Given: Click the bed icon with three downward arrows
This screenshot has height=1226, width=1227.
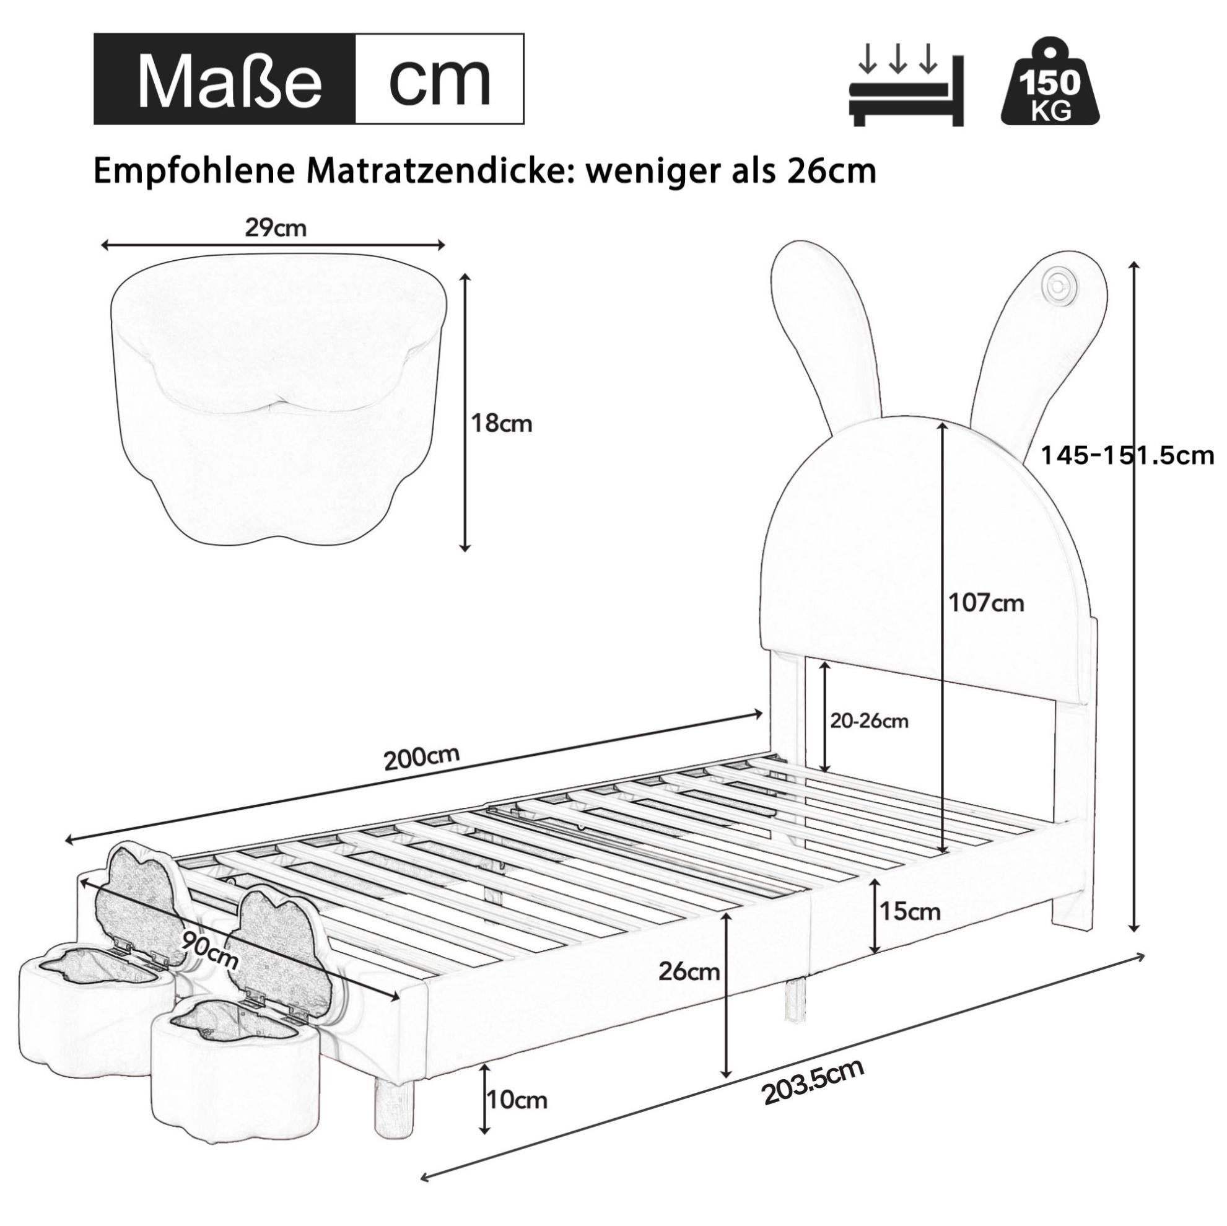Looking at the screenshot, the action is (906, 90).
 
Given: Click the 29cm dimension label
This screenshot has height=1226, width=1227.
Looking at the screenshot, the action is (276, 227).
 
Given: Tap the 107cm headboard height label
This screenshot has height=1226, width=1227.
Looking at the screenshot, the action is (986, 602).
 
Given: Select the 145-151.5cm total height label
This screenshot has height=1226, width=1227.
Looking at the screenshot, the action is (1126, 455).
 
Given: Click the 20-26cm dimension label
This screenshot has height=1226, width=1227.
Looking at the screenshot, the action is (870, 721).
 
